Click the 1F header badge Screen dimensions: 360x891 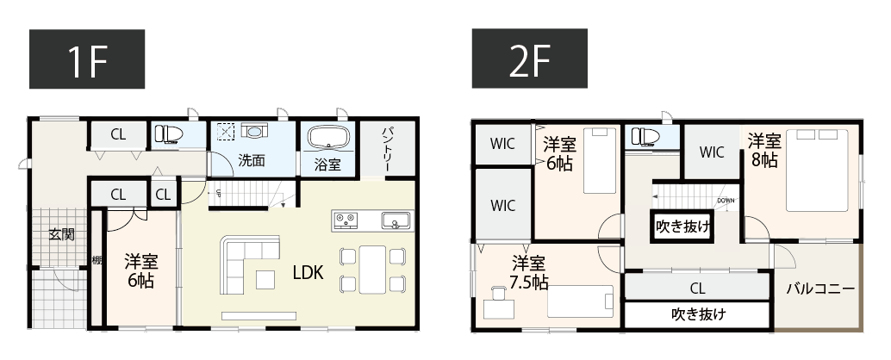click(87, 59)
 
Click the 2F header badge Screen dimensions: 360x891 click(528, 59)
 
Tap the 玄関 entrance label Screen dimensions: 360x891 click(61, 233)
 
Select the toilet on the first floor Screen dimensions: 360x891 click(168, 133)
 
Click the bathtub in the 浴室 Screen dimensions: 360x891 click(327, 138)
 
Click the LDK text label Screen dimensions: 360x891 click(308, 273)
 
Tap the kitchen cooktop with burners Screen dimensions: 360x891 click(346, 221)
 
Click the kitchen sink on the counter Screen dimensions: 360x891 click(396, 221)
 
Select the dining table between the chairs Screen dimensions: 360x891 click(373, 269)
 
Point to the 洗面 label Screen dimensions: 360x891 click(251, 160)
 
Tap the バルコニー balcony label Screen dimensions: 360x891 click(820, 289)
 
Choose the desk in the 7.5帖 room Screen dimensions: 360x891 click(496, 305)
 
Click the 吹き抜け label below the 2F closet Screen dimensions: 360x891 click(698, 313)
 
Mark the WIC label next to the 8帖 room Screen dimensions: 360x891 click(712, 152)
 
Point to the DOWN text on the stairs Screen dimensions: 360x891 click(726, 201)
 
